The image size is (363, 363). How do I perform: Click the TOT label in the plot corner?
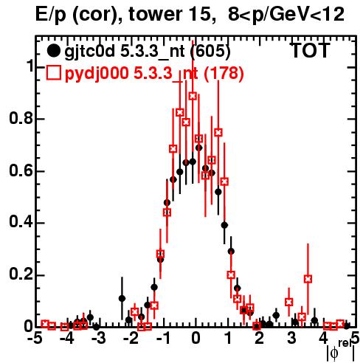click(310, 50)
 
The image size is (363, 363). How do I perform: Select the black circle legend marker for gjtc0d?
click(53, 51)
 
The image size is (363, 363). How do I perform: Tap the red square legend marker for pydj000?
click(53, 72)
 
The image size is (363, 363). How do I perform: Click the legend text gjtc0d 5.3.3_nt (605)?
click(148, 52)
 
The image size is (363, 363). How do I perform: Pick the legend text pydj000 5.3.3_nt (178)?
click(154, 74)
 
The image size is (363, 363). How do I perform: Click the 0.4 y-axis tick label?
click(21, 222)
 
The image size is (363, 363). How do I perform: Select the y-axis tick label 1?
click(29, 66)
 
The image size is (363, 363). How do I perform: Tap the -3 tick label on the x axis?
click(98, 339)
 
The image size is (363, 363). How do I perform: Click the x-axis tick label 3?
click(291, 339)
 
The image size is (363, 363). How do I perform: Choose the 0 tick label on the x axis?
click(196, 339)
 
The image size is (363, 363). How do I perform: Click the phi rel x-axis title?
click(341, 350)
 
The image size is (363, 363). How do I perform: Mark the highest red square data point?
click(193, 96)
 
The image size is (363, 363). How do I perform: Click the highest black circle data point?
click(199, 148)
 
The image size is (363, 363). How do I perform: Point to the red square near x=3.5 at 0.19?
click(308, 279)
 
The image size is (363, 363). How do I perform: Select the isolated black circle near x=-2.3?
click(122, 298)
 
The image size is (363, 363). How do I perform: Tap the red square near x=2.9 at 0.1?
click(289, 302)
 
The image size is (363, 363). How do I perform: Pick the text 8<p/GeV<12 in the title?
click(286, 15)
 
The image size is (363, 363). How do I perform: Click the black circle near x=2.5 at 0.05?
click(276, 315)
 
